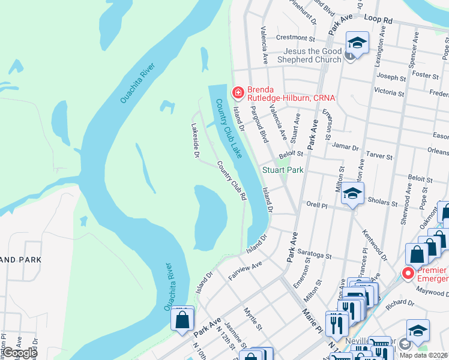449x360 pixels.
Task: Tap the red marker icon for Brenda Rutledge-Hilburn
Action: tap(238, 92)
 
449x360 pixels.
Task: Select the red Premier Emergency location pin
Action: tap(409, 274)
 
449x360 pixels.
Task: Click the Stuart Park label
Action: tap(283, 170)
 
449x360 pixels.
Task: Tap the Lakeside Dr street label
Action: tap(194, 140)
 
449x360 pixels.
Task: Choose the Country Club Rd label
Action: tap(232, 181)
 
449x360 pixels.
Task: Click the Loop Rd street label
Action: tap(378, 20)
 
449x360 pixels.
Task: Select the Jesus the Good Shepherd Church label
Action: tap(312, 55)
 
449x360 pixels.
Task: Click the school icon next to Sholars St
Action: tap(352, 194)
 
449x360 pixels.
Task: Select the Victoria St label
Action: tap(388, 92)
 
